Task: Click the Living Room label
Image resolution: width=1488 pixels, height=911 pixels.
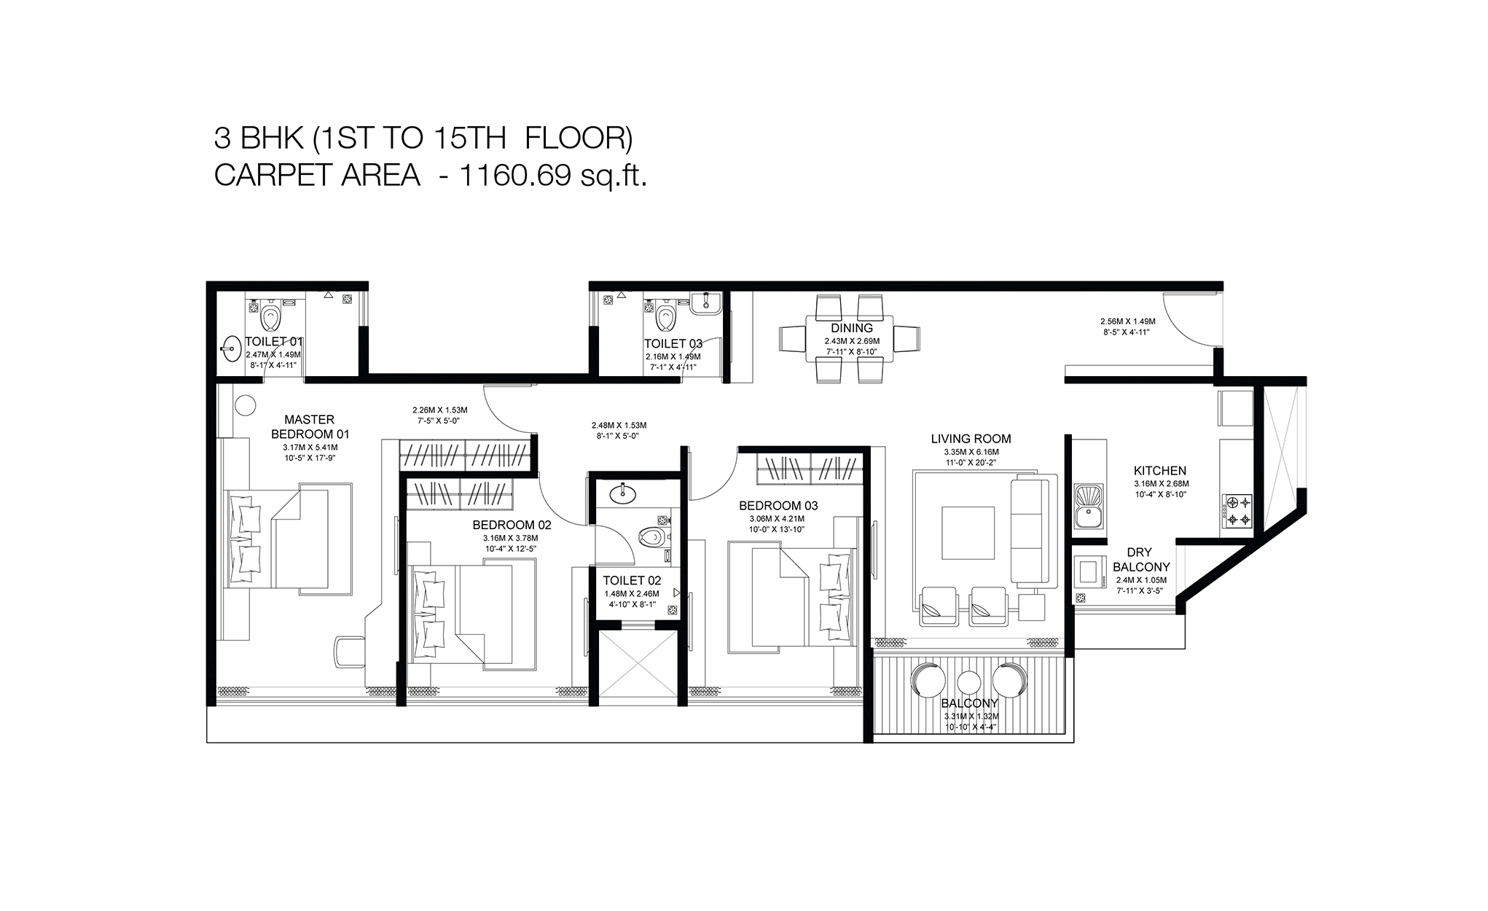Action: coord(971,439)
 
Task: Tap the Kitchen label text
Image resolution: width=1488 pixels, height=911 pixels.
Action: coord(1160,471)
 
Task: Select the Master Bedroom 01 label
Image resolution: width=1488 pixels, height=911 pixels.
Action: coord(310,426)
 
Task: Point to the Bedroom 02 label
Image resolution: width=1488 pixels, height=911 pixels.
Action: coord(512,525)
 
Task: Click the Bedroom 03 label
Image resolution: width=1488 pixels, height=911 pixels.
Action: coord(778,505)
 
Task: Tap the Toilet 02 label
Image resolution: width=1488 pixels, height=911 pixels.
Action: coord(632,580)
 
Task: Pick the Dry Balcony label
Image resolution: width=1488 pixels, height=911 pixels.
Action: coord(1141,560)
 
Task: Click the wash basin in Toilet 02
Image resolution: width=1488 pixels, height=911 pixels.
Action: coord(623,493)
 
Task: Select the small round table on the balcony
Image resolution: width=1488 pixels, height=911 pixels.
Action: coord(968,682)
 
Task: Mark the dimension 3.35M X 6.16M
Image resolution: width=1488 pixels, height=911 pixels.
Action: coord(971,452)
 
